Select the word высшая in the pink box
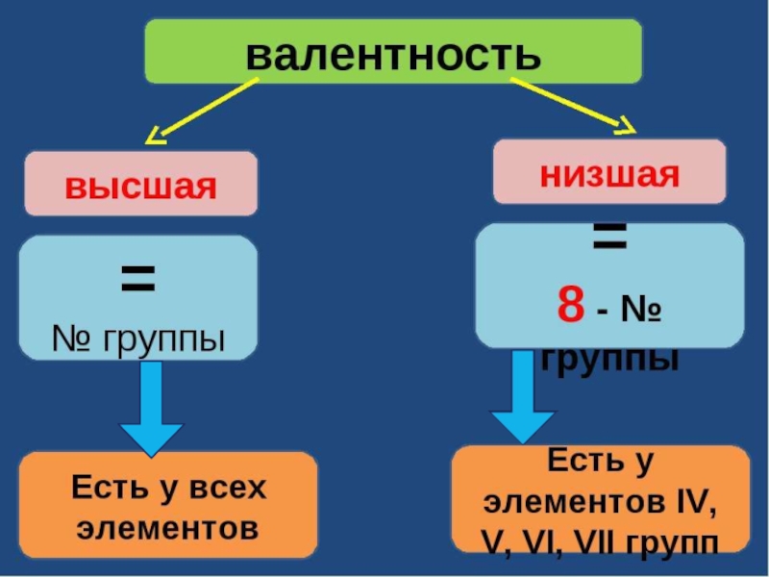(x=140, y=184)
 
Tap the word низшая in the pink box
(x=608, y=173)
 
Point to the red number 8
(x=570, y=307)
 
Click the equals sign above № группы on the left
(x=137, y=281)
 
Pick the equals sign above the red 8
(x=608, y=238)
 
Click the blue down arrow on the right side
(x=521, y=396)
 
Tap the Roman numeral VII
(x=594, y=541)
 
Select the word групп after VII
(x=672, y=541)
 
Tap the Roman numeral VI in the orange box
(x=543, y=541)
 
